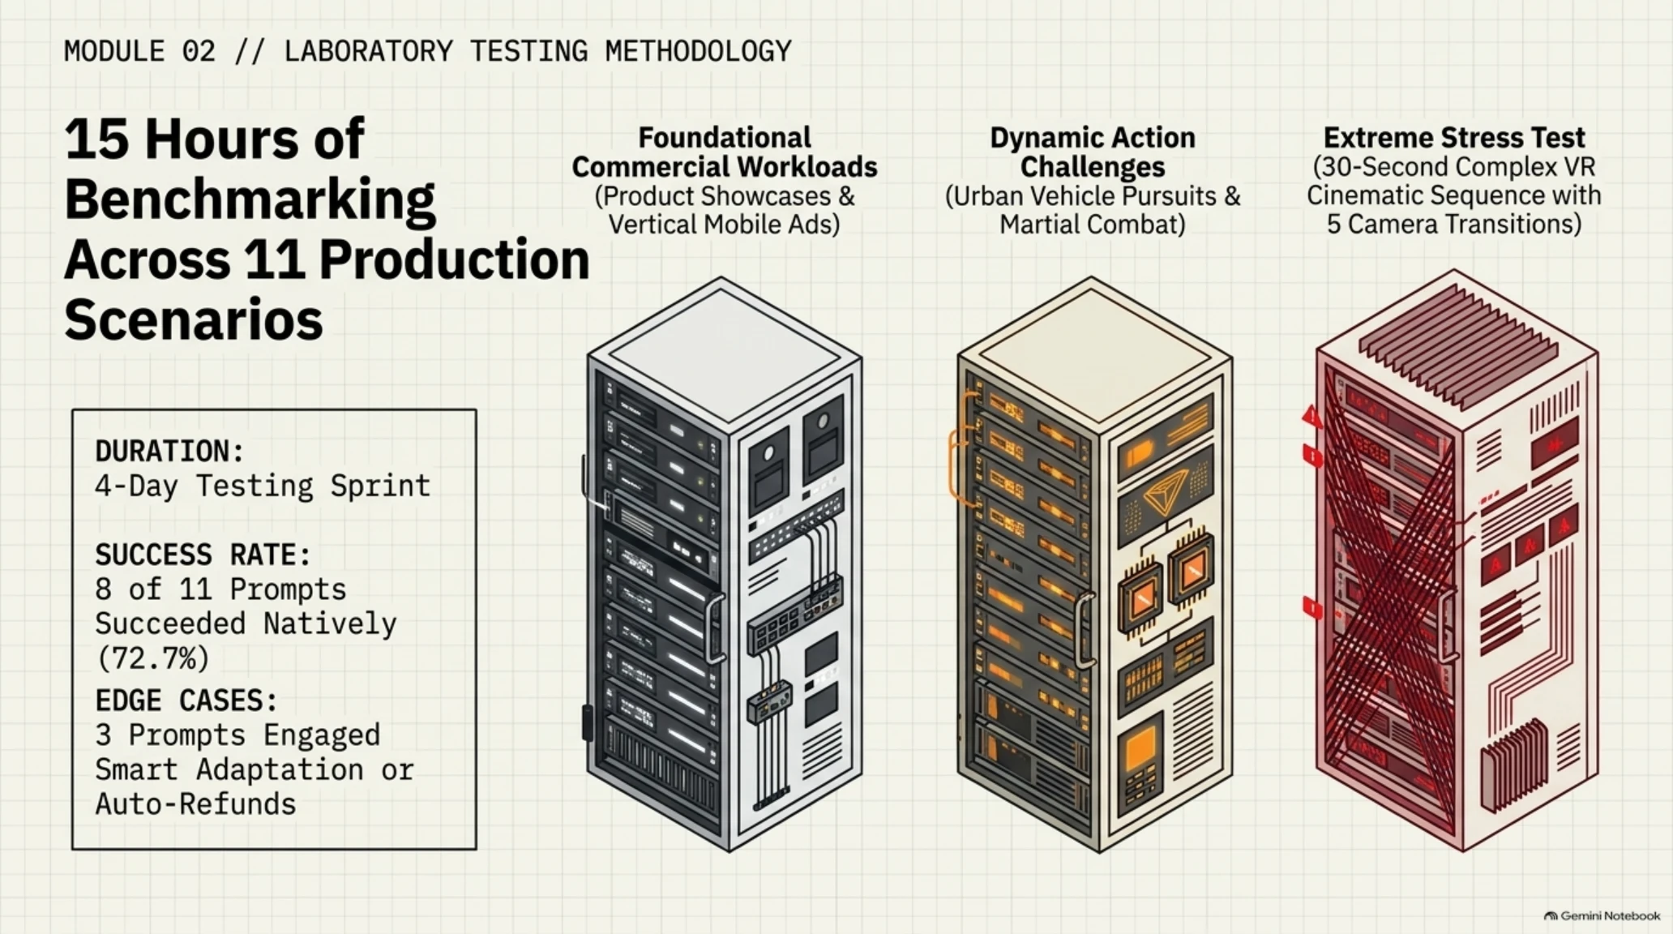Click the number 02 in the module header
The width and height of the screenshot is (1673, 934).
(x=199, y=51)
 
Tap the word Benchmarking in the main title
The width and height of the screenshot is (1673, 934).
(x=250, y=199)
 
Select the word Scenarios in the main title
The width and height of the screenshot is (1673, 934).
(x=194, y=319)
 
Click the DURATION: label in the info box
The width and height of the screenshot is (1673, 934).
(x=170, y=451)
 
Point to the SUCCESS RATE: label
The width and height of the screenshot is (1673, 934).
(x=203, y=555)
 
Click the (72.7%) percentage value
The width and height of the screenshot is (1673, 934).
(x=152, y=658)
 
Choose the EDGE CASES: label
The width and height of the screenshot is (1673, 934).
(x=186, y=700)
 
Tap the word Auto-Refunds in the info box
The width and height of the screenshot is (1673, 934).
(x=195, y=804)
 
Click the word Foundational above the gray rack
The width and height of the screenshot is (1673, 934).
(x=725, y=138)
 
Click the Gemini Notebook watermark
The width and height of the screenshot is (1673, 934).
(x=1602, y=916)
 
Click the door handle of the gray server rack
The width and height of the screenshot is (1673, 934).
(x=714, y=629)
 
